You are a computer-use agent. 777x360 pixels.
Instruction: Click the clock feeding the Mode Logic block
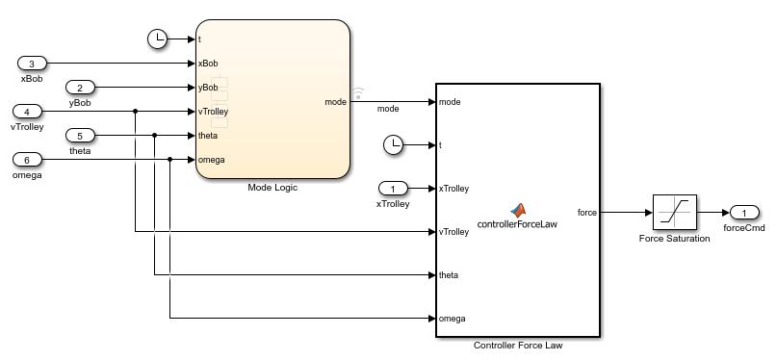click(x=158, y=39)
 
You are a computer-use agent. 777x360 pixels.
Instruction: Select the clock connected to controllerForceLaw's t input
click(x=394, y=145)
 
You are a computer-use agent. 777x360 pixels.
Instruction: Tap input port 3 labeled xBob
click(x=32, y=64)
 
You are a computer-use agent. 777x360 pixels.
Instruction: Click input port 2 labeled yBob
click(x=80, y=88)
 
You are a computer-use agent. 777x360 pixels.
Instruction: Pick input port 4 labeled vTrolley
click(x=27, y=112)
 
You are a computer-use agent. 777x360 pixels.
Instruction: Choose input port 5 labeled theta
click(x=80, y=135)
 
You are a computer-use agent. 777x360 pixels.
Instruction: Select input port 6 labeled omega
click(x=27, y=160)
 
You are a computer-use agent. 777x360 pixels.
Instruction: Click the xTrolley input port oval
click(x=393, y=188)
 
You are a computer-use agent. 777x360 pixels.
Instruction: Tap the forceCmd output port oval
click(x=744, y=213)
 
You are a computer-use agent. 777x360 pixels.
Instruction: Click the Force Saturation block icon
click(x=674, y=213)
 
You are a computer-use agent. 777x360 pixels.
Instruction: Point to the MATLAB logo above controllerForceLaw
click(x=517, y=211)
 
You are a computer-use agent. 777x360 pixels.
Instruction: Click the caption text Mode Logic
click(x=272, y=188)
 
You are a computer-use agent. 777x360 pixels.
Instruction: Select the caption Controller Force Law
click(x=518, y=346)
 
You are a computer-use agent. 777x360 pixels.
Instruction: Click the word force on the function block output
click(x=587, y=213)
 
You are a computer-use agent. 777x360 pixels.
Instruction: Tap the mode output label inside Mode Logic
click(x=335, y=102)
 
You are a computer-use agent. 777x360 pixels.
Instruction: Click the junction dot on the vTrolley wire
click(x=136, y=112)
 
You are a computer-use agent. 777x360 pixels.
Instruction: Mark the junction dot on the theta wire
click(x=155, y=135)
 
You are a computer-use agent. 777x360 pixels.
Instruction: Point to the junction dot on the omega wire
click(x=170, y=160)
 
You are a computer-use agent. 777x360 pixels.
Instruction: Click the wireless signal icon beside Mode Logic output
click(x=358, y=93)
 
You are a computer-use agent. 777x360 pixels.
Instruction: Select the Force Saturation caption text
click(x=674, y=239)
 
